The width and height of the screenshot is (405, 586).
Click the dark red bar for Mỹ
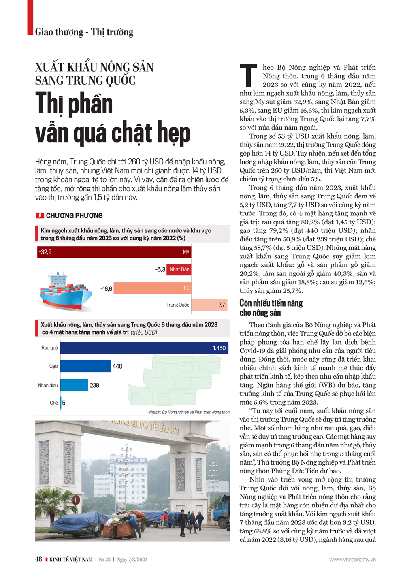113,252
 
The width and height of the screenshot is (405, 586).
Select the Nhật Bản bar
179,270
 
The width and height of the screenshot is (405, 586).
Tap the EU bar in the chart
152,288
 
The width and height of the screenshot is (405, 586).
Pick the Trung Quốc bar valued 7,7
209,305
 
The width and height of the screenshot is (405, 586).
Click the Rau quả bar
144,348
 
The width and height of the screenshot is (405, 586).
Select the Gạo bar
85,366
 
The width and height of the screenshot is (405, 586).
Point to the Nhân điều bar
74,385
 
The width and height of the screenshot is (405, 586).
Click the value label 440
117,367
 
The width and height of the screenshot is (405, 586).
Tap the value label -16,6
106,289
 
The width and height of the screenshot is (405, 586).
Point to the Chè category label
54,403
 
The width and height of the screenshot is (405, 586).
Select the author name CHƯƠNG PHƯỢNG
74,216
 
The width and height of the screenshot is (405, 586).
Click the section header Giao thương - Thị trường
84,32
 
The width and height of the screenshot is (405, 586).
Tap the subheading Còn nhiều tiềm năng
271,303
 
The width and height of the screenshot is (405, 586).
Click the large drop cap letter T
248,75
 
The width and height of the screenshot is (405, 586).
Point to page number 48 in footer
38,560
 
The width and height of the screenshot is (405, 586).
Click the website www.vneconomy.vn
352,560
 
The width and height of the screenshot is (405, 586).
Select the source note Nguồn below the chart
189,412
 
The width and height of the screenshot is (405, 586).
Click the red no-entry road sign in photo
76,500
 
